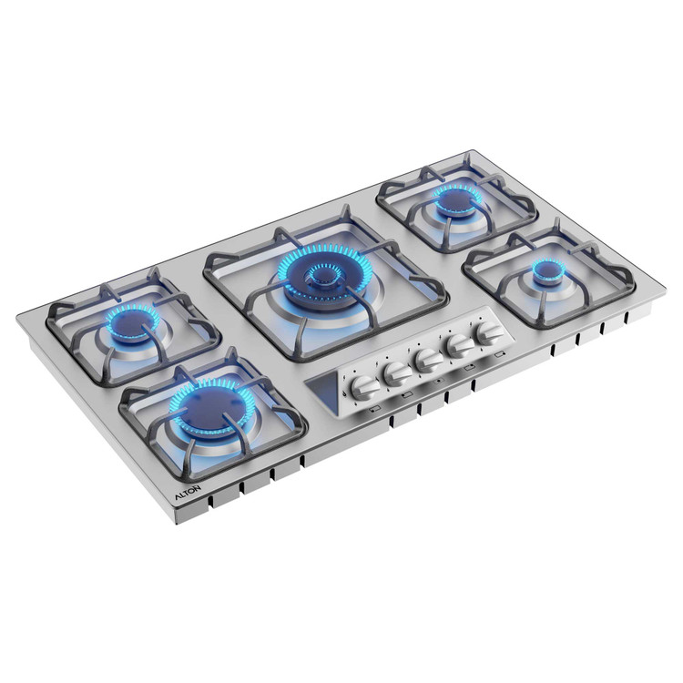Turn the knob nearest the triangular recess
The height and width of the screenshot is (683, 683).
click(364, 387)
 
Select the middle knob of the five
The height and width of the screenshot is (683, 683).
click(428, 360)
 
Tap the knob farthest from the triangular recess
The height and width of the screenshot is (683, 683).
click(490, 333)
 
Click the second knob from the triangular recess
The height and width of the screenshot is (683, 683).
click(397, 373)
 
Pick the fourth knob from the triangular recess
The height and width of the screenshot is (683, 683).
click(460, 346)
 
